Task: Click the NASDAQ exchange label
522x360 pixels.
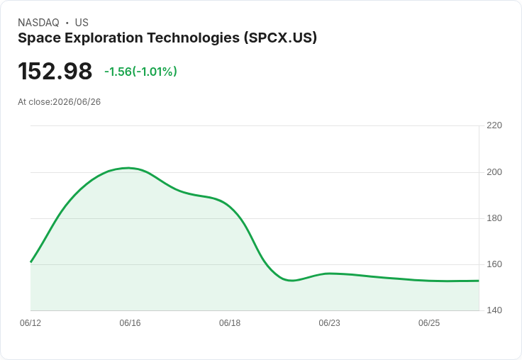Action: tap(38, 23)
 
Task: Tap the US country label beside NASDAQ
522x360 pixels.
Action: tap(82, 23)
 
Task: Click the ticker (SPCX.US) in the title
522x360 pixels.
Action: tap(280, 38)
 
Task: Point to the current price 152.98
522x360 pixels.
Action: tap(55, 71)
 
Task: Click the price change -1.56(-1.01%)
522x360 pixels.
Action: tap(140, 72)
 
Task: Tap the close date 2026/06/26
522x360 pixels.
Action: tap(77, 102)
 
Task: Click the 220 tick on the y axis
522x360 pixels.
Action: tap(494, 125)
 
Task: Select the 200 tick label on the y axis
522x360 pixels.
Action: tap(494, 172)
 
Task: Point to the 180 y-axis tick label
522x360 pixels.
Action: tap(494, 218)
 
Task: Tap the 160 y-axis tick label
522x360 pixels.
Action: tap(494, 264)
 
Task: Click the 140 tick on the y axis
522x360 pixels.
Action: tap(494, 310)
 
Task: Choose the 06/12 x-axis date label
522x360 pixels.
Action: tap(30, 323)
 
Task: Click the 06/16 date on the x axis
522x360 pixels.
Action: tap(130, 323)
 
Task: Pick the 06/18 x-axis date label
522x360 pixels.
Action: tap(230, 323)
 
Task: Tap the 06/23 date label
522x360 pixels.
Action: tap(329, 323)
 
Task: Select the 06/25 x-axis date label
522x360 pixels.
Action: tap(429, 323)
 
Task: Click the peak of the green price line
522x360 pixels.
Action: tap(129, 168)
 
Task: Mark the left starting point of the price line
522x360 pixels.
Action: tap(30, 262)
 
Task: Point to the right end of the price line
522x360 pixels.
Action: tap(479, 281)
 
